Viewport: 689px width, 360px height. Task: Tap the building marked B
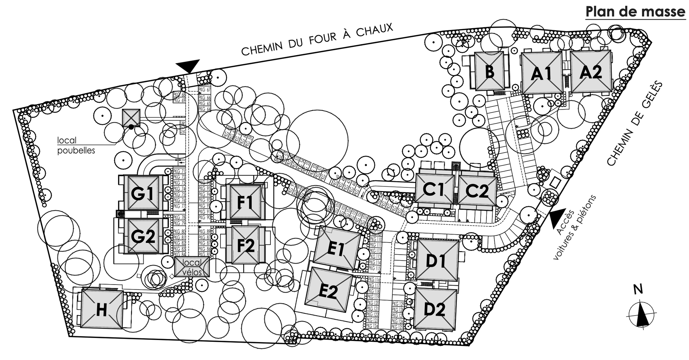point(489,71)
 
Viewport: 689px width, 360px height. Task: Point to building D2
point(435,309)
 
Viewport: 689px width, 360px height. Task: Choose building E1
point(337,248)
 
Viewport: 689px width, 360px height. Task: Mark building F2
point(246,245)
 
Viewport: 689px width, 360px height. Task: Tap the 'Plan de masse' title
point(635,12)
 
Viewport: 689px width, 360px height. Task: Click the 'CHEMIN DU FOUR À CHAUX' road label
point(317,39)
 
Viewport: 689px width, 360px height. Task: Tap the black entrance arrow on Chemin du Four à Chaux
point(188,65)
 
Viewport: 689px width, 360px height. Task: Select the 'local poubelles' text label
point(76,145)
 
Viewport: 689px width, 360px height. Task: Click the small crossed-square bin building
point(131,118)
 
